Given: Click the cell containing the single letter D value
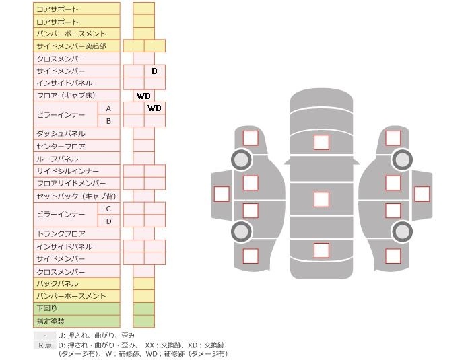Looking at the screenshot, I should [x=154, y=71].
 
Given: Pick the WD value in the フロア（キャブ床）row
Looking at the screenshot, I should [x=143, y=96].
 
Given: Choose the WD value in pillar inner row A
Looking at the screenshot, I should [x=154, y=108].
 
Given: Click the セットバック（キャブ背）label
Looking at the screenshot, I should [x=76, y=196].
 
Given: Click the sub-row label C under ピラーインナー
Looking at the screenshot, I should [x=108, y=209].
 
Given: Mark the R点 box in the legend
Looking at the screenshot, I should [x=44, y=345].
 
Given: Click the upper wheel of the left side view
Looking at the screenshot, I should [x=241, y=159].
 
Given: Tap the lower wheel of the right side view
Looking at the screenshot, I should [x=402, y=231].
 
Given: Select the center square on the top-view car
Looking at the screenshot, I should [x=321, y=199].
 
